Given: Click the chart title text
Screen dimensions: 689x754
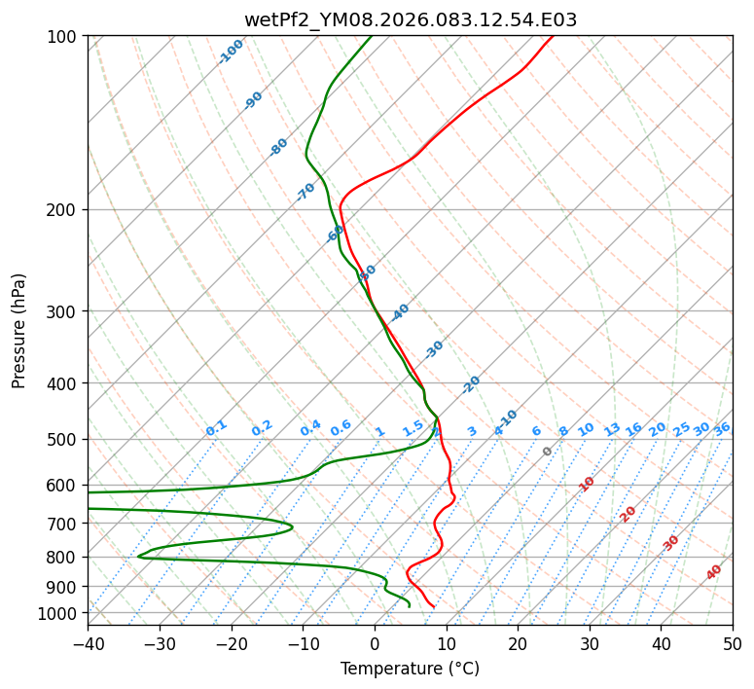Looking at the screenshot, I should coord(410,19).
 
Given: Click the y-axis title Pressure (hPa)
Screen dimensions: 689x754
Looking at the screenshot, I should coord(19,331).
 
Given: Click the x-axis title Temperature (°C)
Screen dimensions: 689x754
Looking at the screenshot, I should coord(410,670).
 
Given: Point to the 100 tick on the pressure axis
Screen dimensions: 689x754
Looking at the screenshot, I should coord(65,37).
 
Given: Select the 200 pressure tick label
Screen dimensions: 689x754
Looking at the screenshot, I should coord(65,210).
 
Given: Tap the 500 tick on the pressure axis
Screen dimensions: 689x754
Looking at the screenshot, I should coord(65,439).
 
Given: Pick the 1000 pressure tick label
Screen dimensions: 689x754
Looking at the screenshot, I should coord(61,613).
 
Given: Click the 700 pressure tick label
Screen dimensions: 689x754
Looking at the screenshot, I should coord(65,524).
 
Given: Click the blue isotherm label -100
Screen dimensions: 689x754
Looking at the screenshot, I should coord(231,52).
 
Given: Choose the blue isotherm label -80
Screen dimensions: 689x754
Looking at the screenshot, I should coord(279,147).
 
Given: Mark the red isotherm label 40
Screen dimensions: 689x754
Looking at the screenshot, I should coord(714,572).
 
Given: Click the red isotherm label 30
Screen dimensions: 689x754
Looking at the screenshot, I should coord(671,543).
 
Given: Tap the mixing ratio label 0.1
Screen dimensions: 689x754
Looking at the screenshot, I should coord(216,428).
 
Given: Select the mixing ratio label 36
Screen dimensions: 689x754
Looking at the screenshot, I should coord(722,428).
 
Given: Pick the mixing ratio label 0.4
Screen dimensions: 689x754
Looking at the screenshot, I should coord(310,428).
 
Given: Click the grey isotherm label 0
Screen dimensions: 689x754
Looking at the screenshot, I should coord(548,452).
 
